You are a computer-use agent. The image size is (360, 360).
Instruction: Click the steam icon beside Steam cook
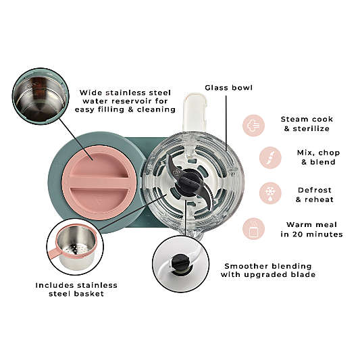253,126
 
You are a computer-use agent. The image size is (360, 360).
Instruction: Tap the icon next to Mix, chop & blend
270,157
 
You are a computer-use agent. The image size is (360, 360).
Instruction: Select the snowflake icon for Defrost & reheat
270,193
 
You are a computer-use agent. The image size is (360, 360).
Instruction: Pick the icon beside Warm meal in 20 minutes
253,229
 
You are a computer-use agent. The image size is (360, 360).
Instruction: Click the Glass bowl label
229,88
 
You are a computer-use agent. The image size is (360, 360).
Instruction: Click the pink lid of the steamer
100,182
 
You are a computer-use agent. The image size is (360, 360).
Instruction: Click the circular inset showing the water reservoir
40,97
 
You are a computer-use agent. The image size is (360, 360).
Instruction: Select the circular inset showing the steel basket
75,247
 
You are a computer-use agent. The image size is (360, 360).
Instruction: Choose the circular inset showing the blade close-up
181,264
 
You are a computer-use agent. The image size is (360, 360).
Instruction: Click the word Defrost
315,190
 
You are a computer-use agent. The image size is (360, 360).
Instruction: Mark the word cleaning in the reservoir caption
156,109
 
